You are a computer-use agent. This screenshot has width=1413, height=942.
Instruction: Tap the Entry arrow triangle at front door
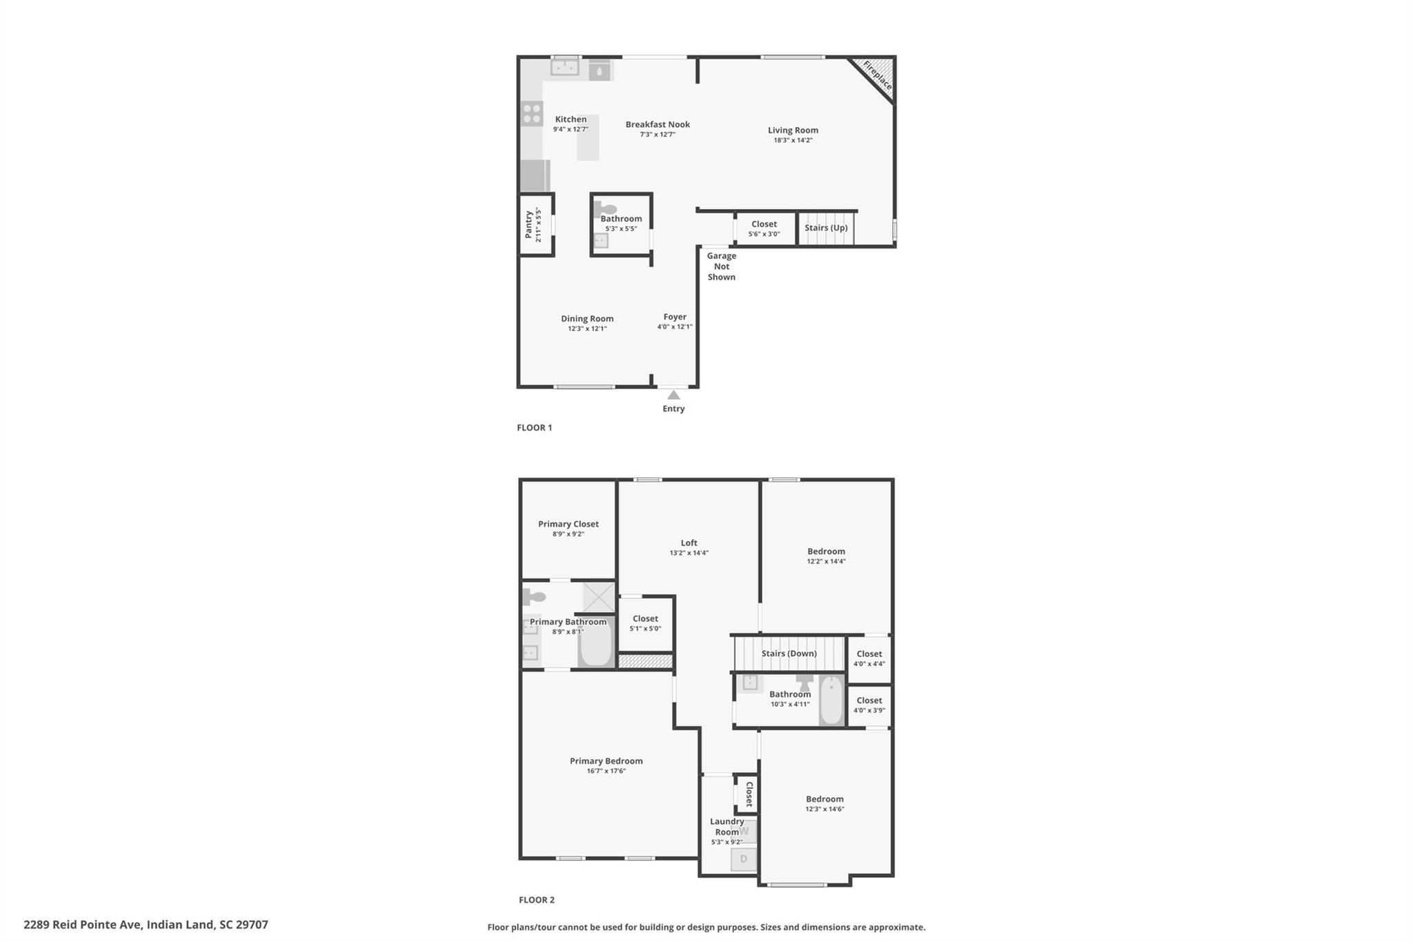(x=673, y=395)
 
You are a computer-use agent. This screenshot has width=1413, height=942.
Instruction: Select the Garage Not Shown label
(x=721, y=266)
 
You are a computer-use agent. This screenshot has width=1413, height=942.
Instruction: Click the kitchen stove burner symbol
(x=531, y=114)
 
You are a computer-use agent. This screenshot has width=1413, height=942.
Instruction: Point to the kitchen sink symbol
(x=564, y=68)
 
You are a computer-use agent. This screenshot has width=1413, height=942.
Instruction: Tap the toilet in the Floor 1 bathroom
(x=605, y=209)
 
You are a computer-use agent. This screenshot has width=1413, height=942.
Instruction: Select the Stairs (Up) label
(x=826, y=228)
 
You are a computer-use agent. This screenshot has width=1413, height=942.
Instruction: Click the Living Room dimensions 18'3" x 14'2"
(x=793, y=140)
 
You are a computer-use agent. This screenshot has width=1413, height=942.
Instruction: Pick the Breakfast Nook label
(x=658, y=124)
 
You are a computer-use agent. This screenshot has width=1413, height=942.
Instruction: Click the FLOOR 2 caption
(x=536, y=900)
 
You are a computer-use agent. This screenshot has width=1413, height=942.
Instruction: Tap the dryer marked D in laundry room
(x=743, y=859)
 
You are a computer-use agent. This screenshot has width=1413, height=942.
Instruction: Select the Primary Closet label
(x=569, y=524)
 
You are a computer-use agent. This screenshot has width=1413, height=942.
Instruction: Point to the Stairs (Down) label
(x=789, y=654)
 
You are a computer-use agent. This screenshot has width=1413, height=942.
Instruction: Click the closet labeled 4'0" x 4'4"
(x=869, y=658)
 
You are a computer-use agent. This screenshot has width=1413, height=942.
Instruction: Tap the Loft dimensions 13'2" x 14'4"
(x=689, y=553)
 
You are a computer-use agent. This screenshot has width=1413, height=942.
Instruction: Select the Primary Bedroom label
(x=606, y=761)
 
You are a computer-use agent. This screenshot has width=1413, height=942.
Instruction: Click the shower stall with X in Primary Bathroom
(x=598, y=597)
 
